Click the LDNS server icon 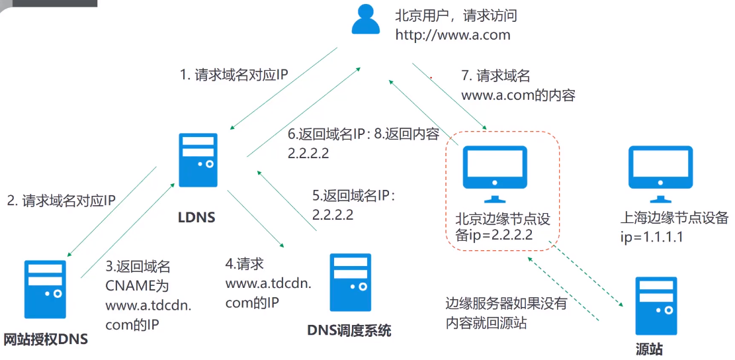tap(198, 159)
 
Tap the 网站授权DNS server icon tap(46, 289)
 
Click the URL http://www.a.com tap(453, 35)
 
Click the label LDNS tap(196, 216)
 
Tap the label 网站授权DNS tap(46, 339)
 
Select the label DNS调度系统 tap(349, 330)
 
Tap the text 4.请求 tap(245, 264)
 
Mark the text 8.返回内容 tap(407, 134)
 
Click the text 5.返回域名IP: tap(353, 196)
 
